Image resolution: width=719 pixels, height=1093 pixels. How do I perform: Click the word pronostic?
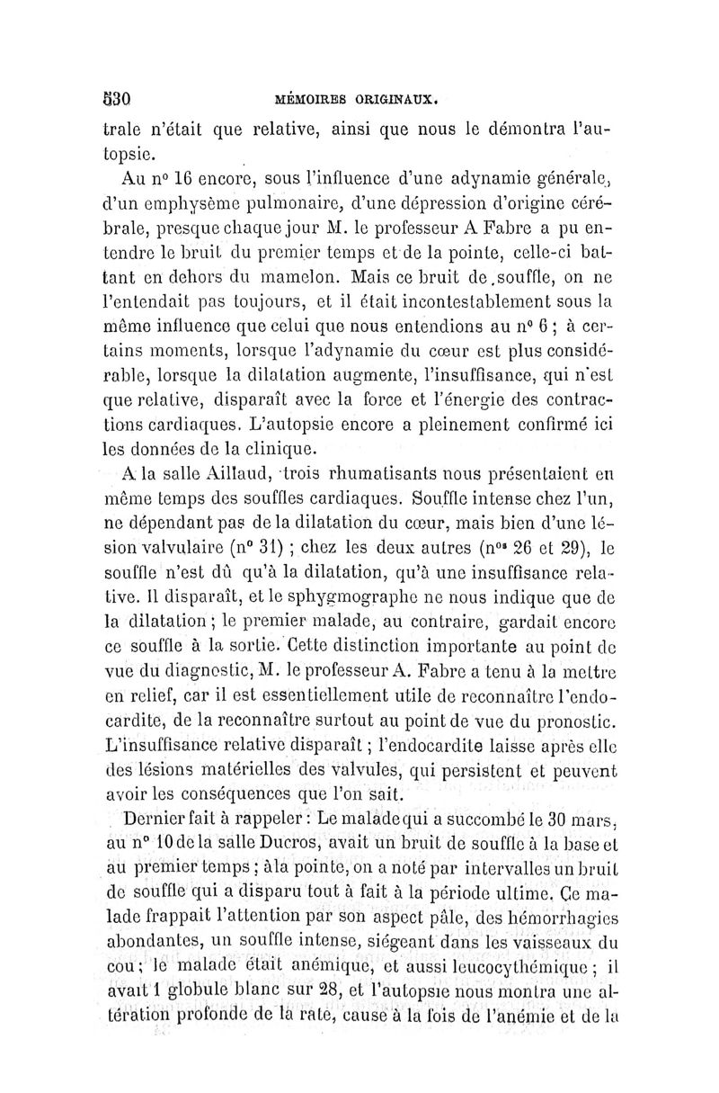(573, 717)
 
